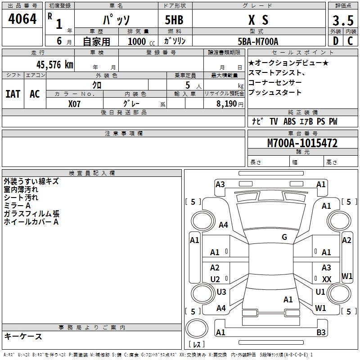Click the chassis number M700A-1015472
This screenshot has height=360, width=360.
pos(302,143)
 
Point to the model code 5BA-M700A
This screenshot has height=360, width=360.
pos(258,41)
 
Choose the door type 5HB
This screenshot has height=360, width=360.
pos(171,20)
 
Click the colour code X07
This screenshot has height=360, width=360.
pos(75,103)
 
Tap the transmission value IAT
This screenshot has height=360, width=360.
pos(13,94)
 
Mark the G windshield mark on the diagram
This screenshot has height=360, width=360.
pos(284,237)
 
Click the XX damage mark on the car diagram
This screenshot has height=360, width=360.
pos(327,279)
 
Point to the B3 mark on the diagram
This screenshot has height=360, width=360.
pos(321,333)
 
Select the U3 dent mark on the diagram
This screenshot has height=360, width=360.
pos(221,292)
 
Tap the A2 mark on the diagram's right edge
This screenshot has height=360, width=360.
pos(346,240)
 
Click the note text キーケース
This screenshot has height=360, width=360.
pos(23,336)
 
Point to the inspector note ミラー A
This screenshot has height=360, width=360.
pos(17,205)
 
